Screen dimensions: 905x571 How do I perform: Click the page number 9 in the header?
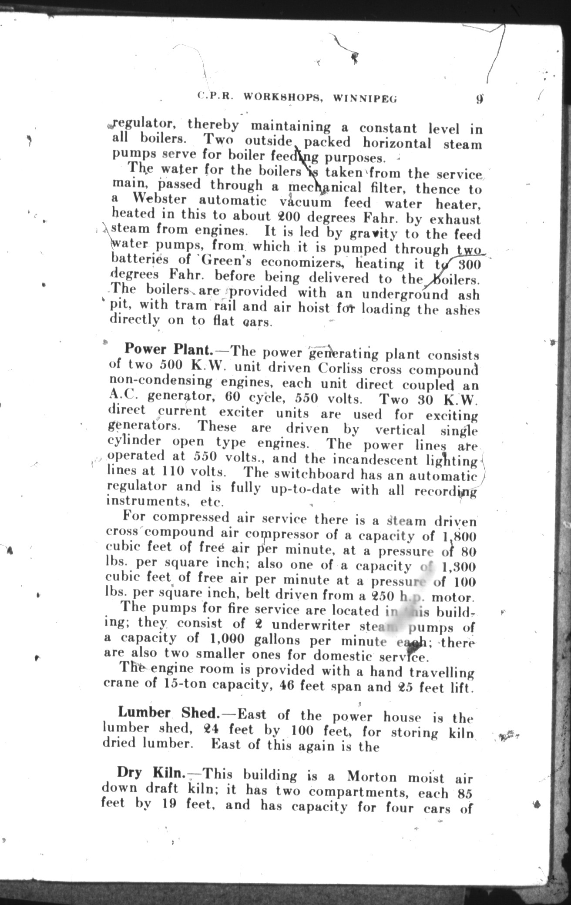pos(479,98)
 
